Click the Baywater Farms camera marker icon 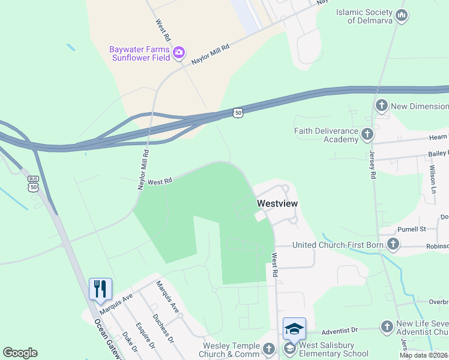tap(178, 53)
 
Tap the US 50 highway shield tap(238, 113)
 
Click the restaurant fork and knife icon tap(100, 289)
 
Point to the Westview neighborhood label tap(277, 203)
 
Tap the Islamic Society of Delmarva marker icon tap(402, 15)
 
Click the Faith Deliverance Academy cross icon tap(367, 134)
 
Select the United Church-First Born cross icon tap(393, 244)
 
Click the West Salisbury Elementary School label tap(327, 349)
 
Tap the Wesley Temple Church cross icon tap(269, 348)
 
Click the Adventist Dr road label tap(339, 330)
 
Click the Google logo tap(20, 353)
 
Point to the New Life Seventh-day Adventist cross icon tap(388, 326)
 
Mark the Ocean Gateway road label tap(108, 339)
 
